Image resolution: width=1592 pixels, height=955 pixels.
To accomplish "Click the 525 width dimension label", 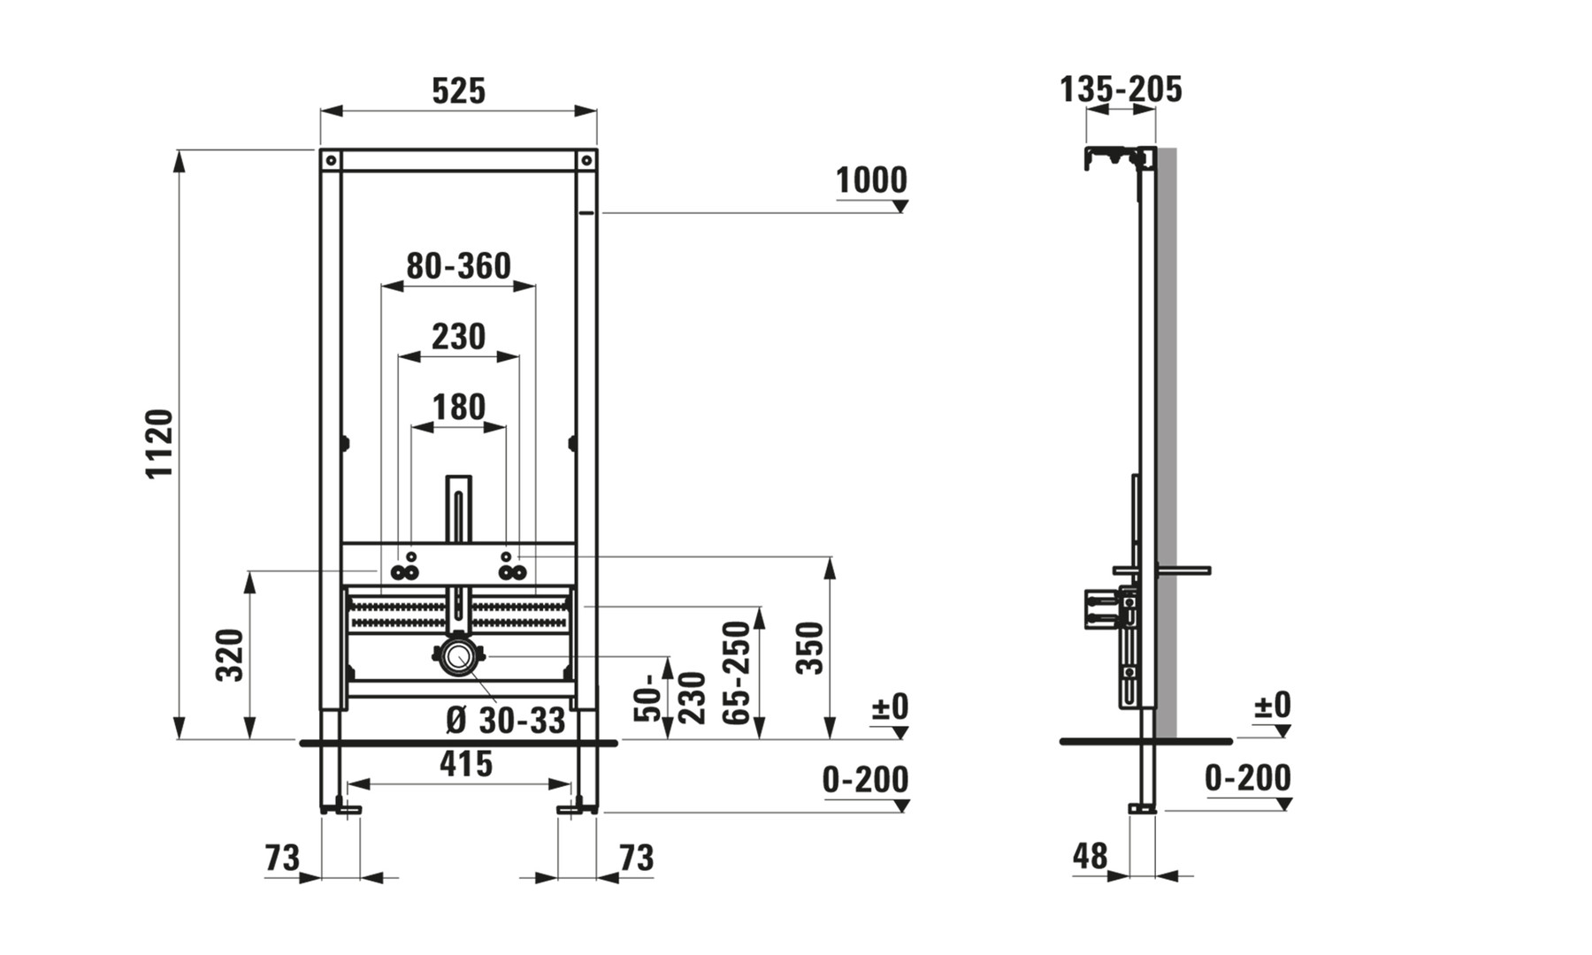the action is point(458,90).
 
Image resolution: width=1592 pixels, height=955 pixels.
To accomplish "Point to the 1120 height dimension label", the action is point(160,444).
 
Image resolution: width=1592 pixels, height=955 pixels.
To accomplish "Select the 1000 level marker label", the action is point(872,180).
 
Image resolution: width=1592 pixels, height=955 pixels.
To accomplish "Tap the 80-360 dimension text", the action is point(458,266).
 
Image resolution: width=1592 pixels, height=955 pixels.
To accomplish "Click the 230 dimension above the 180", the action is point(458,337).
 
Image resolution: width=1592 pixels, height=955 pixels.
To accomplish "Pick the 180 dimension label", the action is point(458,408).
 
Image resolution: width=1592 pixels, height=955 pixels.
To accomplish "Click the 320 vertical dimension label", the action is point(230,654).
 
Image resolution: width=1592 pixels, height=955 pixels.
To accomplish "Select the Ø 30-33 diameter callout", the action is point(505,721).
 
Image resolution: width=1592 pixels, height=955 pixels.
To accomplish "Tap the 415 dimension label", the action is point(466,764).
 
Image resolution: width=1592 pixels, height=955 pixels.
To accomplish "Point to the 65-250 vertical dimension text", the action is point(737,672).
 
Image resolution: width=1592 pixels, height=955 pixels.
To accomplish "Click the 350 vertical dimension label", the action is point(810,648).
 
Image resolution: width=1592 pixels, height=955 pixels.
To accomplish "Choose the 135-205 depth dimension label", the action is point(1121,89).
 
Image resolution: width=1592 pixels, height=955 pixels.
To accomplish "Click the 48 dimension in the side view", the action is point(1090,856).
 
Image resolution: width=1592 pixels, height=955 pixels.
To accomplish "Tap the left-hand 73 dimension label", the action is point(282,858).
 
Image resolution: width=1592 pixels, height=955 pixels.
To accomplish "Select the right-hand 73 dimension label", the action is point(636,858).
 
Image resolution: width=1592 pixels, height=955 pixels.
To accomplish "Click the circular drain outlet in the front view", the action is point(458,657).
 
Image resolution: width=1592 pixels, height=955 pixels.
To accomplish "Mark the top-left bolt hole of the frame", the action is point(330,161).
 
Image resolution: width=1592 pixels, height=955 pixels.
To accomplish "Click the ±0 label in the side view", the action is point(1273,706).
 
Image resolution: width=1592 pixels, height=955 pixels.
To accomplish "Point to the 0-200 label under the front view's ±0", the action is point(865,780).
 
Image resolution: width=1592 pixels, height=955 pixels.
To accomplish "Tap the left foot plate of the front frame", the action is point(341,808).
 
